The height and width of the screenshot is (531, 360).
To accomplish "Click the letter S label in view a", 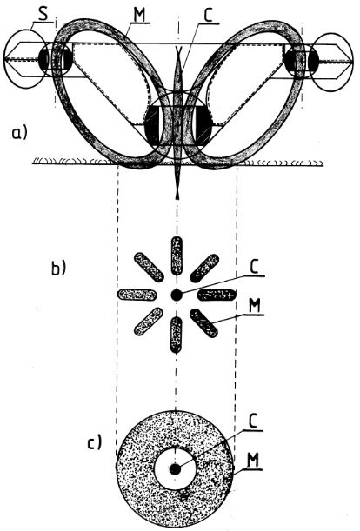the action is click(x=43, y=15).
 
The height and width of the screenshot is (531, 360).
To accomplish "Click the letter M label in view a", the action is click(x=140, y=15).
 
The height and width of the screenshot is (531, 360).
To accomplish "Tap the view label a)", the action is click(x=19, y=133).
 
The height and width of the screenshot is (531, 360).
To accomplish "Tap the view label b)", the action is click(x=58, y=269).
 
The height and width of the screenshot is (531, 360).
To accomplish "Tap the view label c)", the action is click(x=94, y=442).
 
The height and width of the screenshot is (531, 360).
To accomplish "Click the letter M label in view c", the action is click(x=254, y=461).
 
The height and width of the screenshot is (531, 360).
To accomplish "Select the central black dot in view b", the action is click(x=176, y=295).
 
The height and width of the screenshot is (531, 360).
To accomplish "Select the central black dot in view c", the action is click(x=175, y=469).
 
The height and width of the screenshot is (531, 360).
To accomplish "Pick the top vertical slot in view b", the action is click(x=177, y=256).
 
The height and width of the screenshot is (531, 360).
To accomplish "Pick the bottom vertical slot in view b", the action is click(x=176, y=335).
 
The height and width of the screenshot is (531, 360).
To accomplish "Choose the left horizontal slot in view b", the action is click(x=137, y=295).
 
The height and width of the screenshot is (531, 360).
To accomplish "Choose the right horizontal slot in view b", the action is click(x=217, y=295).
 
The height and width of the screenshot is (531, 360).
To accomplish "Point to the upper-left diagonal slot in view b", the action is click(x=150, y=267).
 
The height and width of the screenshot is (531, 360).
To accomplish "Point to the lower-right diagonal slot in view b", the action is click(x=203, y=323).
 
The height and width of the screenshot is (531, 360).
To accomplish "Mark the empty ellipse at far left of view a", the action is click(x=24, y=59).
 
